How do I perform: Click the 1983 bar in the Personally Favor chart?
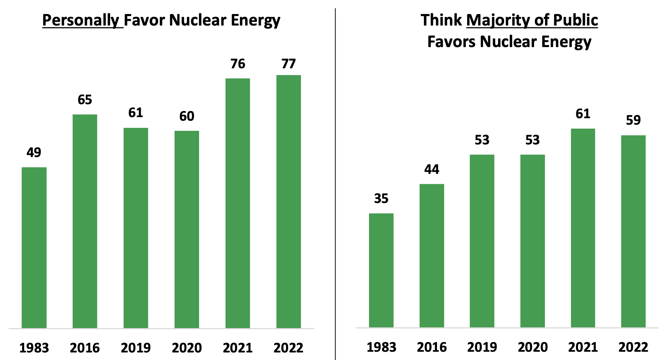(x=34, y=248)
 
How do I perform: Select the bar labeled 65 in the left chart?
(x=85, y=221)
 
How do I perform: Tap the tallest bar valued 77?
(x=289, y=201)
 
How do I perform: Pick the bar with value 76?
(x=237, y=203)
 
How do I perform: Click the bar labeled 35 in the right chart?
(x=381, y=270)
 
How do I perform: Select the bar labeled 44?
(x=432, y=255)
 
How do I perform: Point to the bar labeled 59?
(x=633, y=231)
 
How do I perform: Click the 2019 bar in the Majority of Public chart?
(x=482, y=241)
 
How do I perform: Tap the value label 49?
(x=34, y=153)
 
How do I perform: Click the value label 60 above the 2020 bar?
(x=186, y=116)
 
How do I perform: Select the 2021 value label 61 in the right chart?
(x=583, y=114)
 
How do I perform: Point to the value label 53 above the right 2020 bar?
(x=532, y=140)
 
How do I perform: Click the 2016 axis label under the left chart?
(x=85, y=348)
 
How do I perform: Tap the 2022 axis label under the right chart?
(x=633, y=347)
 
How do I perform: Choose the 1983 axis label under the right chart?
(x=381, y=347)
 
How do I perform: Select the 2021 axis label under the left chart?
(x=237, y=348)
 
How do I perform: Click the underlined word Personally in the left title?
(x=81, y=20)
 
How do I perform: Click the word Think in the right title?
(x=441, y=20)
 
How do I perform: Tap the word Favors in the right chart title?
(x=451, y=42)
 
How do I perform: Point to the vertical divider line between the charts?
(x=335, y=180)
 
